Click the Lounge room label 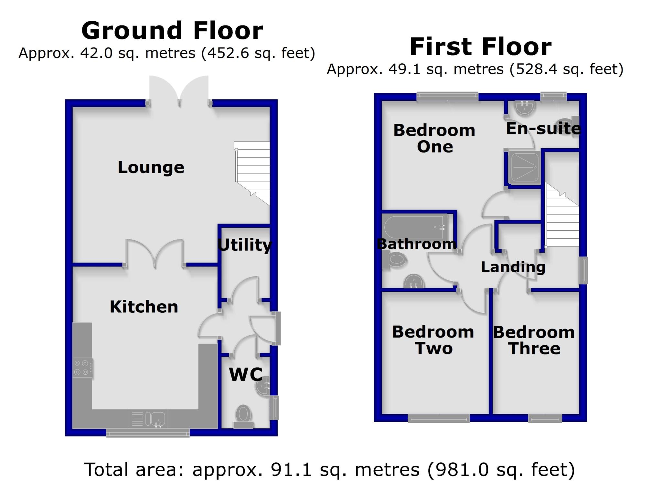pyautogui.click(x=151, y=167)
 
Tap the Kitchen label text pyautogui.click(x=144, y=307)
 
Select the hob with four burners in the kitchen pyautogui.click(x=82, y=368)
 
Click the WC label pyautogui.click(x=246, y=374)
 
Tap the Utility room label pyautogui.click(x=244, y=245)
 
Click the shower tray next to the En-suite pyautogui.click(x=524, y=167)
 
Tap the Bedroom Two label pyautogui.click(x=433, y=340)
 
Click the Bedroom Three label pyautogui.click(x=534, y=340)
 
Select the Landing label pyautogui.click(x=513, y=267)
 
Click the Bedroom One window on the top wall pyautogui.click(x=447, y=96)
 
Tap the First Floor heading pyautogui.click(x=480, y=47)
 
